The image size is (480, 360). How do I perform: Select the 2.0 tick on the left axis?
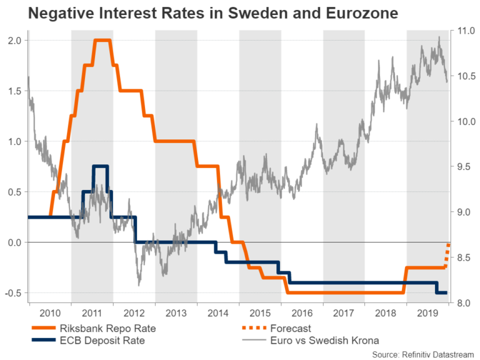click(x=14, y=41)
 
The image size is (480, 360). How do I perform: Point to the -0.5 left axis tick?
click(x=12, y=293)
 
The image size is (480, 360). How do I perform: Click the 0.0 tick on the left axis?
click(x=14, y=242)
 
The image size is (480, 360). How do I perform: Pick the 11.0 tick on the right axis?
click(x=464, y=31)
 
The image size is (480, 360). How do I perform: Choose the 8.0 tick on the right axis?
click(x=464, y=304)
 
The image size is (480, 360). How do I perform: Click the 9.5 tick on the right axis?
click(x=464, y=167)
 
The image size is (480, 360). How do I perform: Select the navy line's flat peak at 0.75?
click(x=99, y=166)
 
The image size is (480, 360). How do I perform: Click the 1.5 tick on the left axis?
click(x=14, y=91)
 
